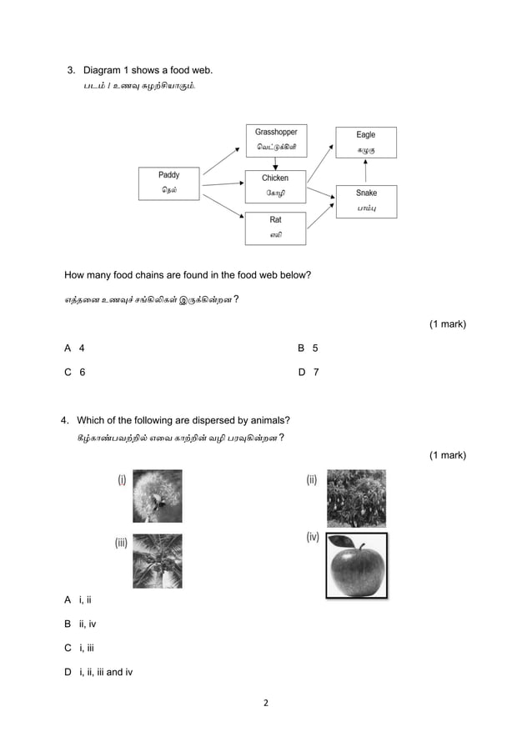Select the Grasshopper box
[x=275, y=139]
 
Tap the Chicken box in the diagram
[x=275, y=185]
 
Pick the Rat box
[x=275, y=228]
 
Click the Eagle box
[x=365, y=142]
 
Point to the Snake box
[x=365, y=201]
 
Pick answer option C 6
[x=74, y=373]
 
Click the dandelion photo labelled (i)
[x=157, y=495]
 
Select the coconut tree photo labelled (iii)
[x=157, y=560]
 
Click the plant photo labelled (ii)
[x=356, y=498]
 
